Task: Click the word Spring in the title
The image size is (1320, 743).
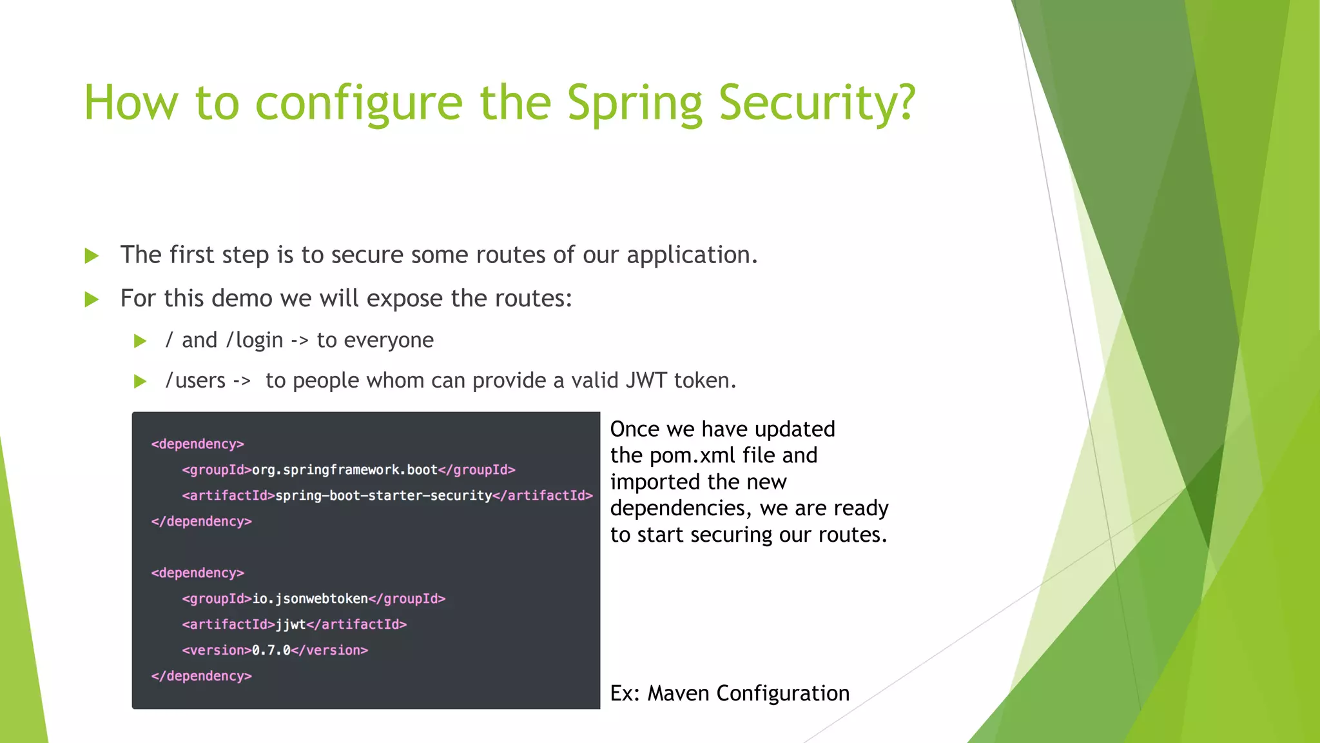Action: click(x=634, y=103)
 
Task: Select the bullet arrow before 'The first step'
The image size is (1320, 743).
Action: click(x=92, y=256)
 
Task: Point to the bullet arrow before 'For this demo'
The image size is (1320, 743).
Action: click(x=92, y=299)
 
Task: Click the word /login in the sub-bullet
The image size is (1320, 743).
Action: click(x=255, y=340)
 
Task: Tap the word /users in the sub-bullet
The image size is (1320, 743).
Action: click(x=195, y=381)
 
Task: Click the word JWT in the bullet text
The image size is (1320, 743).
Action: click(x=646, y=381)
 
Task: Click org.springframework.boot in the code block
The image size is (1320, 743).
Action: click(x=344, y=470)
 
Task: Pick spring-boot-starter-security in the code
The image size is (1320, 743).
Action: click(x=383, y=495)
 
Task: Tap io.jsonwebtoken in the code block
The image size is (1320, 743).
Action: click(x=309, y=599)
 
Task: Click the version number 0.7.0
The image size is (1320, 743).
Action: click(x=271, y=650)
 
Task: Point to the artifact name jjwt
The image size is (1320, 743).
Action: click(x=290, y=624)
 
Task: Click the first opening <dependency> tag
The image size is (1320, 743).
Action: click(x=197, y=444)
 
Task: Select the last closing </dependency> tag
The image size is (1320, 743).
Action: click(x=201, y=676)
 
